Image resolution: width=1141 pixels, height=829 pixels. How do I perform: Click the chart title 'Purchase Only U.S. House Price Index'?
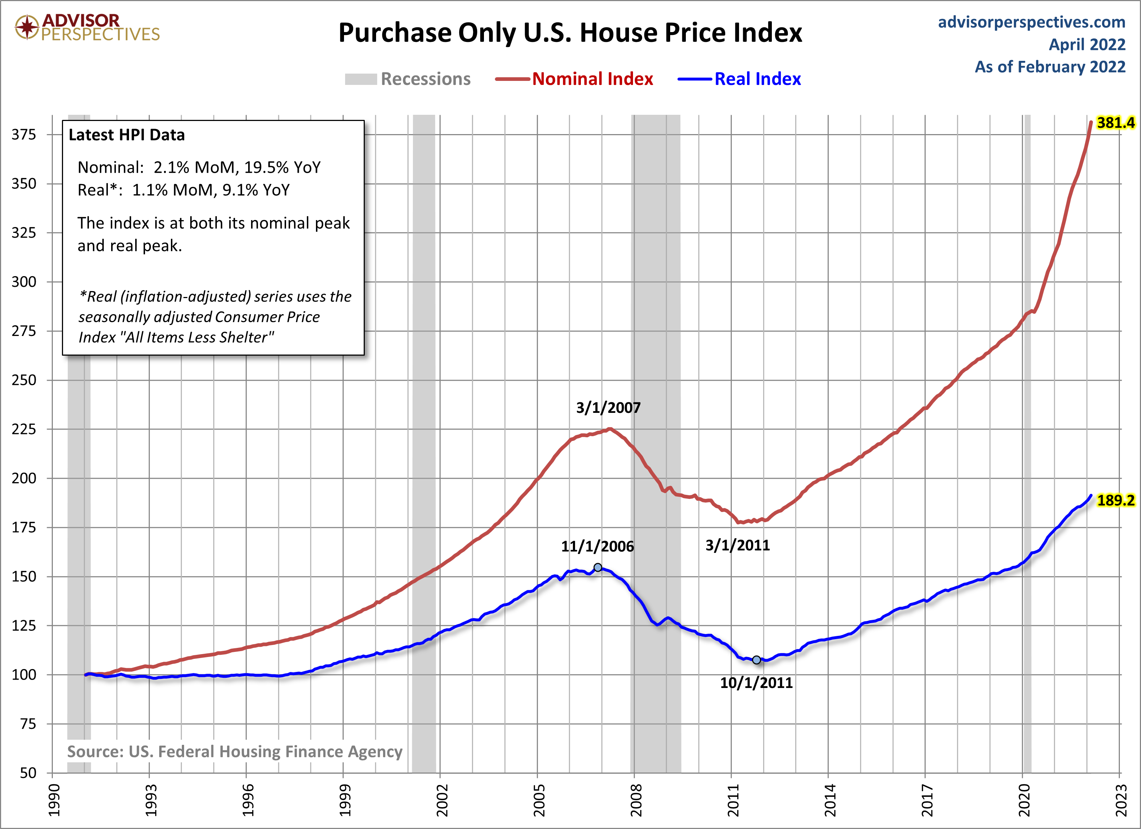click(570, 33)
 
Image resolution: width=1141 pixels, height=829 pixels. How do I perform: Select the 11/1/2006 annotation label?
click(597, 546)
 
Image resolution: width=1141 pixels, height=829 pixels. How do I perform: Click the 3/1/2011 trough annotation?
click(738, 545)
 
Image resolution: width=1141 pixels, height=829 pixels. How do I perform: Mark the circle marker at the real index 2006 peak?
click(598, 567)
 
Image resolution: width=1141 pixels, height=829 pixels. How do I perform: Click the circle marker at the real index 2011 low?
click(757, 660)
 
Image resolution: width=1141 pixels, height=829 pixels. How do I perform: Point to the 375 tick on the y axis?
click(24, 134)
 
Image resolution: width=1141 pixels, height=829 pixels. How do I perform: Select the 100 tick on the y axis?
click(24, 674)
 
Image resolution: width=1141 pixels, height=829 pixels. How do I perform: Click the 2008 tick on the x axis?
click(636, 800)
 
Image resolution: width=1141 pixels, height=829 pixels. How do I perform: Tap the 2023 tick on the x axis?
click(1121, 800)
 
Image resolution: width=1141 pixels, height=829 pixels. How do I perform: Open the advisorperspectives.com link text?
click(1031, 22)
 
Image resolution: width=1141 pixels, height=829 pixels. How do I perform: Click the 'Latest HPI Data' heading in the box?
click(127, 135)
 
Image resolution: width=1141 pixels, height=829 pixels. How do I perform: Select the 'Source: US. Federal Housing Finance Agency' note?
click(234, 751)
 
